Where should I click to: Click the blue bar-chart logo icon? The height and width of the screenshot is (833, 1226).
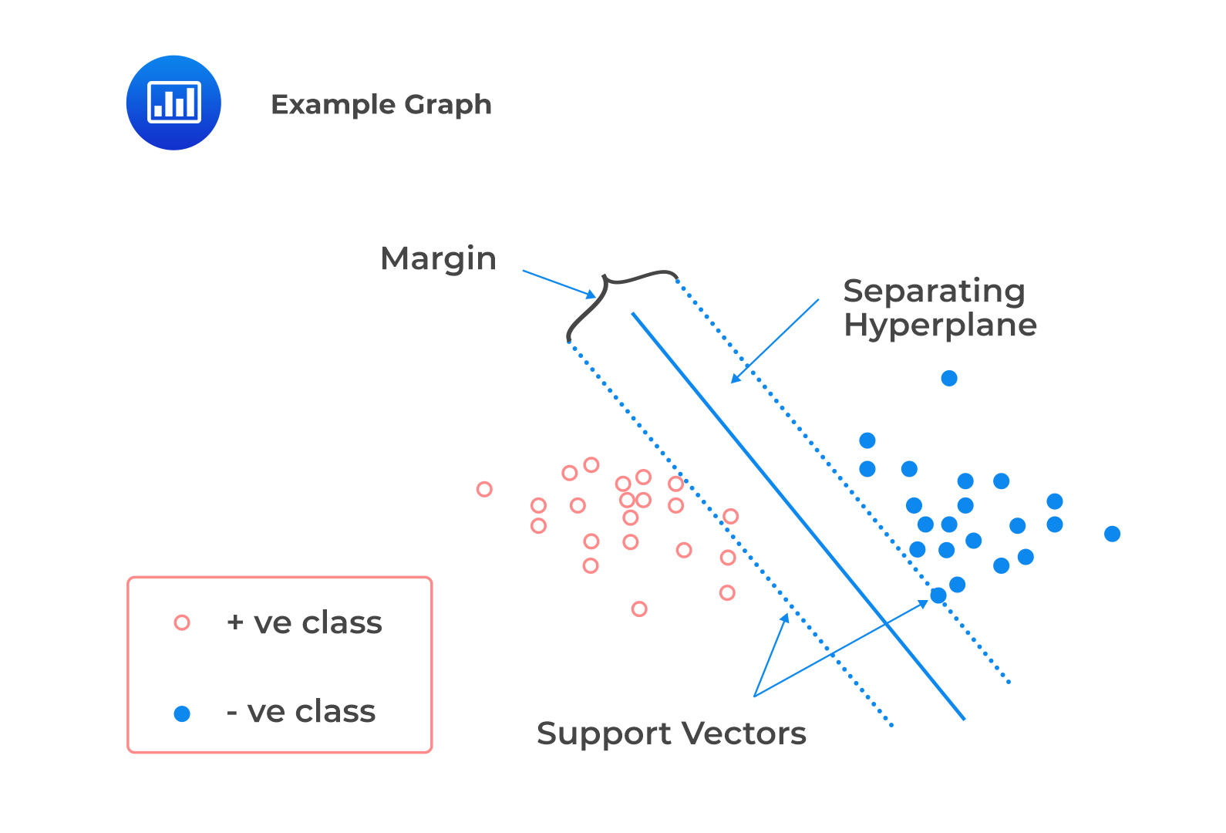coord(173,103)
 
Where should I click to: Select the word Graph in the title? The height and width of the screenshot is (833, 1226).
coord(448,105)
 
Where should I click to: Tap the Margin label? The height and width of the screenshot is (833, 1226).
coord(438,258)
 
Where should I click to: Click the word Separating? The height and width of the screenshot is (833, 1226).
coord(934,292)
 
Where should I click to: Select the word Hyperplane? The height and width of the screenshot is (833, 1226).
coord(940,325)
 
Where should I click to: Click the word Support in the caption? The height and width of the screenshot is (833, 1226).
coord(604,734)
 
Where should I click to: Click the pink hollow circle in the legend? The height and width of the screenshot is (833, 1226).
coord(182,623)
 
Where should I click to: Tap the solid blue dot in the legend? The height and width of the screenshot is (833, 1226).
coord(182,713)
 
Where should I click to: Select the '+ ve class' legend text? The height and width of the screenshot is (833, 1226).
coord(305,623)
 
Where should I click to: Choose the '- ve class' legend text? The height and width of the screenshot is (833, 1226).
coord(301,712)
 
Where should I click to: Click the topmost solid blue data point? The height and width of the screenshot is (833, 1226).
coord(949,378)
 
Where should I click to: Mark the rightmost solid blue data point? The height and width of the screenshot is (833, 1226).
coord(1112,534)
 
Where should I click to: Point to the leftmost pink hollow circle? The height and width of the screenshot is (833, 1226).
coord(484,489)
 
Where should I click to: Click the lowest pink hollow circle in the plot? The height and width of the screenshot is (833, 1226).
coord(639,609)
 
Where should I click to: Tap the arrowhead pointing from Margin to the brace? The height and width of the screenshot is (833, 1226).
coord(591,295)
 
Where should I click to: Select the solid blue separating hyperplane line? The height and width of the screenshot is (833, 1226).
coord(798,516)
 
